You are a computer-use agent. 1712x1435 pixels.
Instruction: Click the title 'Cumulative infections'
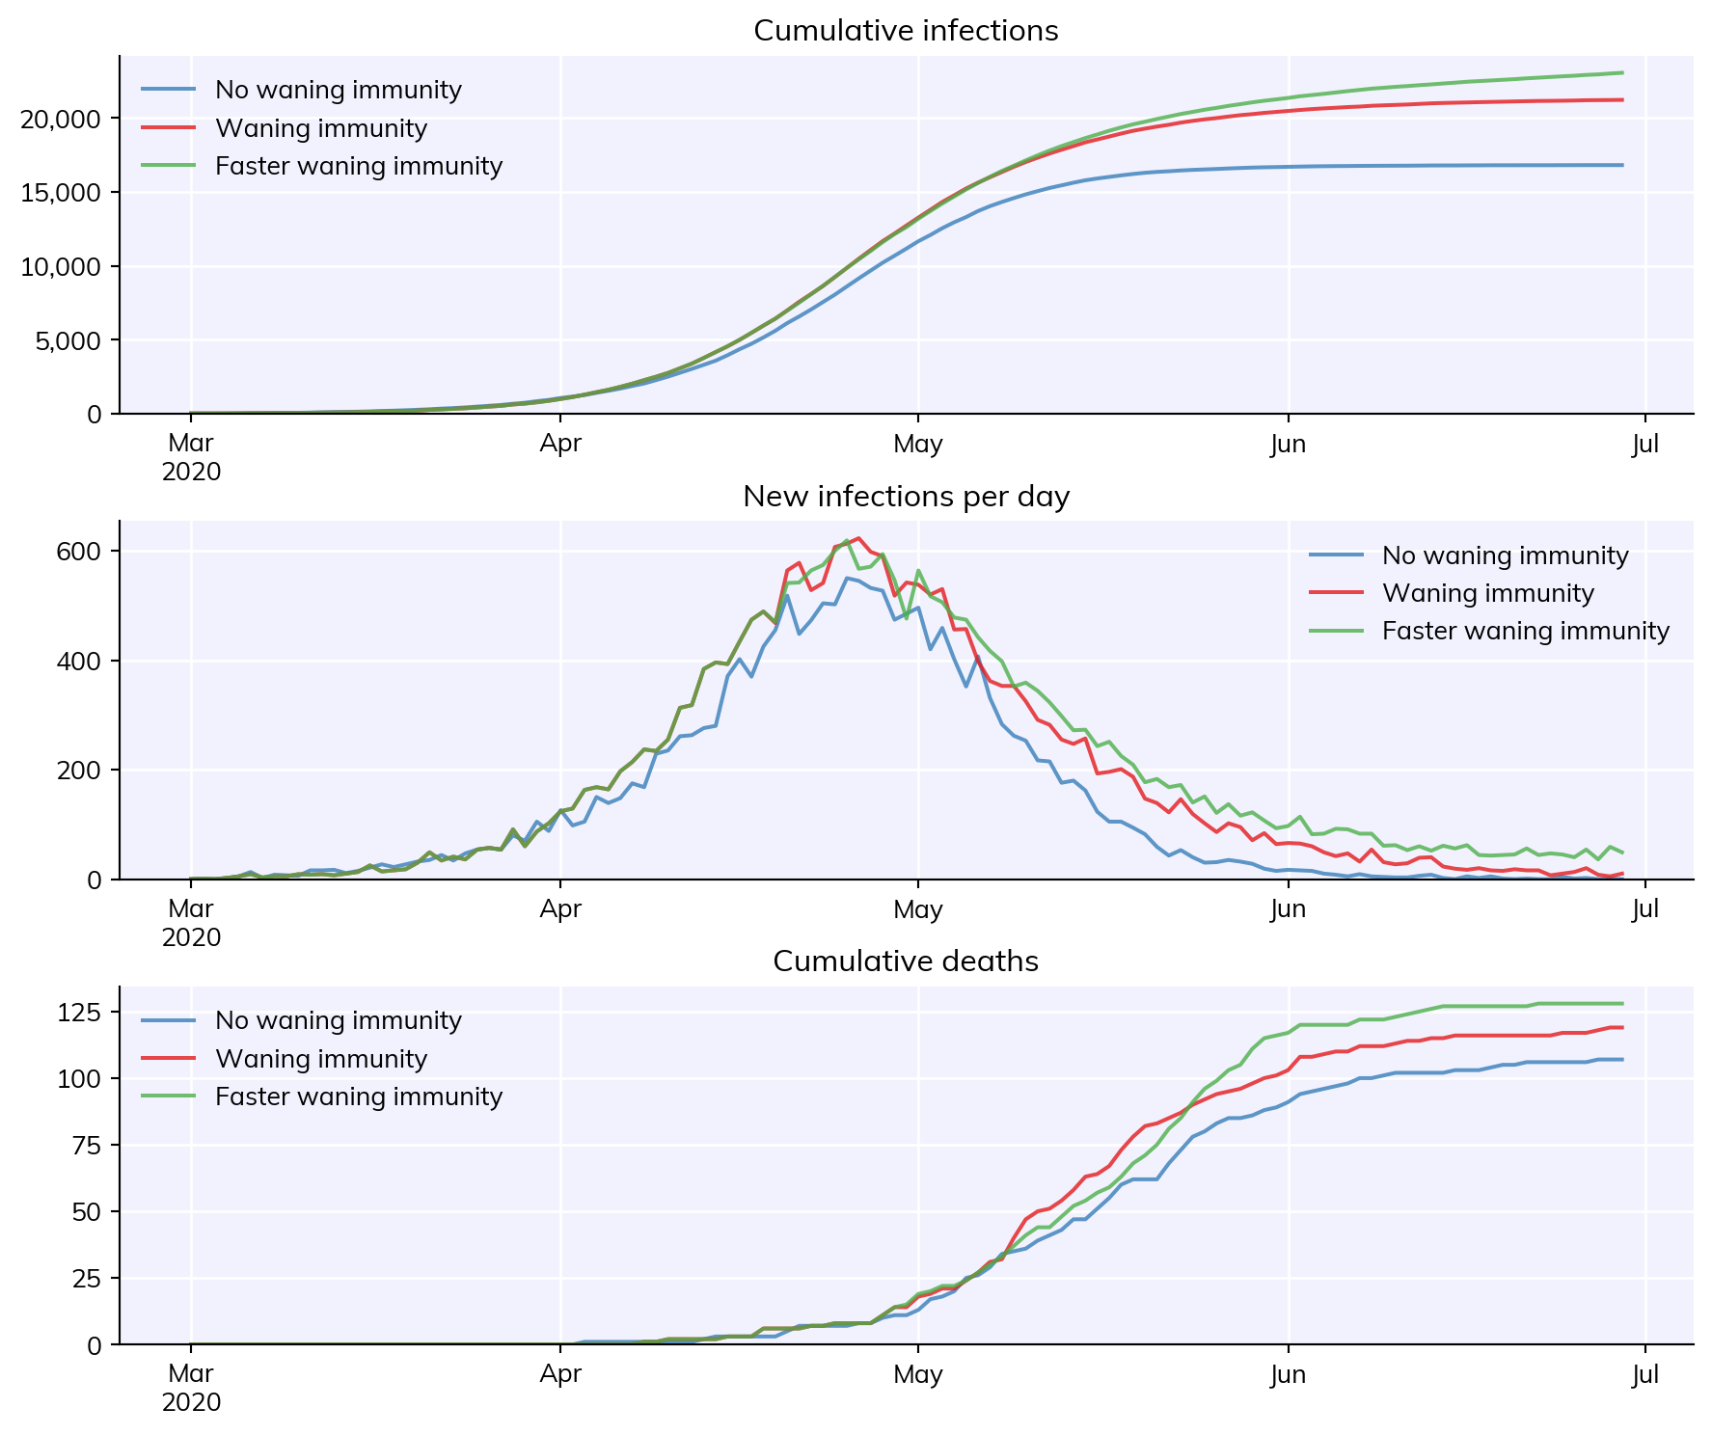pos(906,31)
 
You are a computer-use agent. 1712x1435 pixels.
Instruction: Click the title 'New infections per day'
pos(906,497)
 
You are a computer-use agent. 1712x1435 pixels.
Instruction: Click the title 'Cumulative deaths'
pos(906,961)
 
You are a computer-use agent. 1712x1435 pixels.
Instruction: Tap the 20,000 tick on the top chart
pos(60,119)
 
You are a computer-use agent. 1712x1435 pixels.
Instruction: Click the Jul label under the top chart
pos(1645,445)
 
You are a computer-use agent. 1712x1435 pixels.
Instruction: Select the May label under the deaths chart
pos(918,1375)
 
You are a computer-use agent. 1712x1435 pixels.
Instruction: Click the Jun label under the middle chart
pos(1289,909)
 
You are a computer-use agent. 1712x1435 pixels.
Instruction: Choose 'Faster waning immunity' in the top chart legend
pos(359,167)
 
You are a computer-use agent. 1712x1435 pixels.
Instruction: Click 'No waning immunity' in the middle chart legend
pos(1506,555)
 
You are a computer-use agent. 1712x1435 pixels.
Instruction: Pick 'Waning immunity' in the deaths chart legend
pos(321,1059)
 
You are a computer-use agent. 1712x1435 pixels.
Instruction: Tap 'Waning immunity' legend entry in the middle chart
pos(1488,593)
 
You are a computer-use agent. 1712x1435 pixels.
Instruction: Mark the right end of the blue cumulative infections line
pos(1622,165)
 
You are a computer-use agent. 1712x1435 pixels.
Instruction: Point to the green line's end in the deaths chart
pos(1622,1004)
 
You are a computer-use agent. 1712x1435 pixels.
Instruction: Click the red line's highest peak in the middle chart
pos(858,538)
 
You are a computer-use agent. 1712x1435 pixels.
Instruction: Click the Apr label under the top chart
pos(560,445)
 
